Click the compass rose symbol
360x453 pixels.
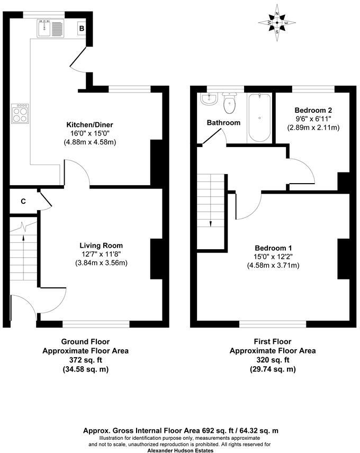277,23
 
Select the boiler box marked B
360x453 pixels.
82,28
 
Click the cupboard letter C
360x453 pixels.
23,201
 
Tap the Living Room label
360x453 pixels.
101,246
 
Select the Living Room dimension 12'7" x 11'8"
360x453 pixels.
101,254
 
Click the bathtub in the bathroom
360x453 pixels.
259,117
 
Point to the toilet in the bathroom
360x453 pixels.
230,103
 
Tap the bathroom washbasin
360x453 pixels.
210,99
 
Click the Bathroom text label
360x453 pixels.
223,123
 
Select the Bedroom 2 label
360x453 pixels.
313,110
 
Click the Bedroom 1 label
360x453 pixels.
273,248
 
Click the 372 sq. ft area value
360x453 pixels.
85,360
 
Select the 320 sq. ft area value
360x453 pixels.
273,360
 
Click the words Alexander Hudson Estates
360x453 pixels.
180,450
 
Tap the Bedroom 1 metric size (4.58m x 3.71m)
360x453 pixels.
273,265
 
